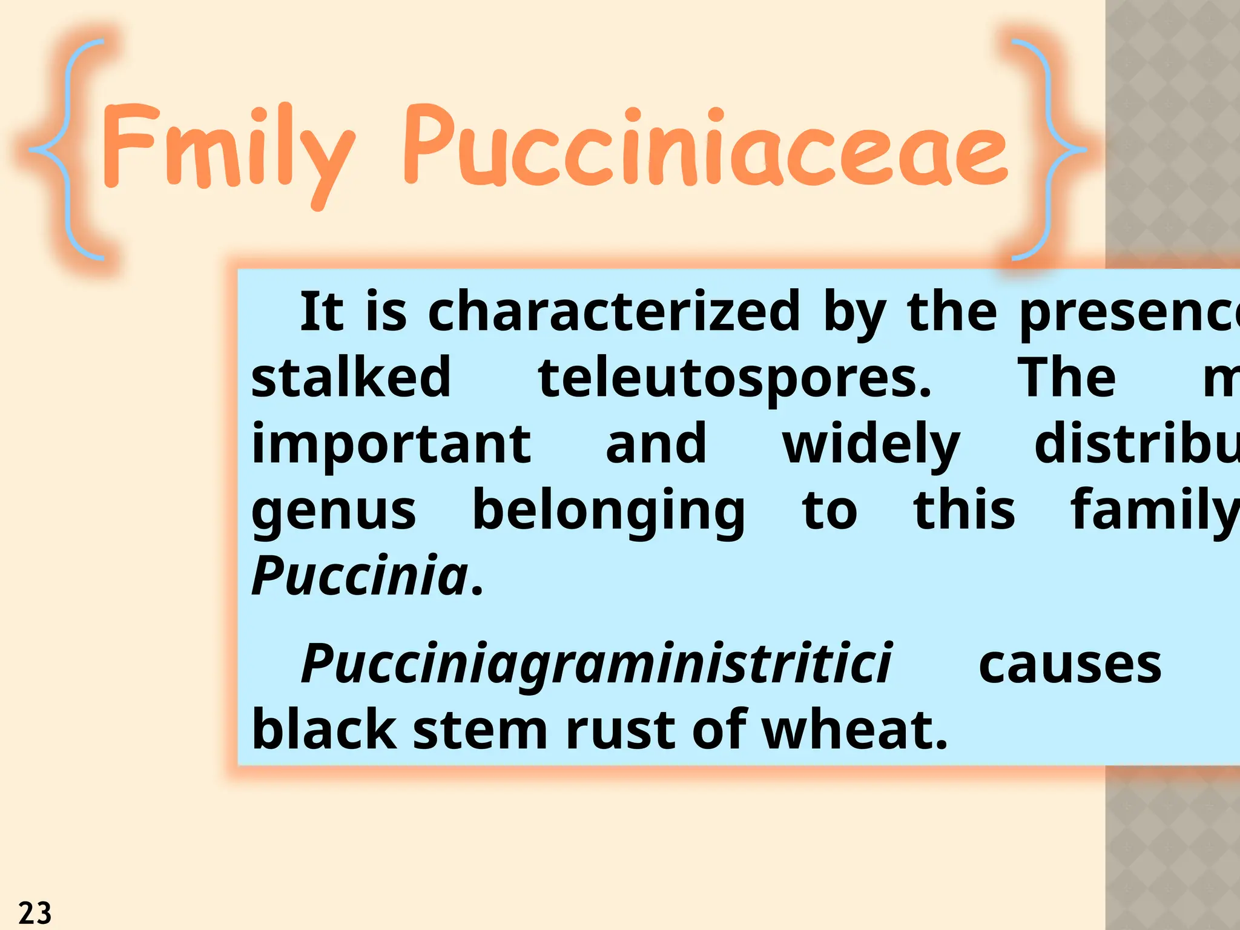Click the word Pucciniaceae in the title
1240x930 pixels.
[x=705, y=148]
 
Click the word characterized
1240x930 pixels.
[x=614, y=312]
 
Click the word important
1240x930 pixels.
[x=391, y=445]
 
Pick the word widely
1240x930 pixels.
[x=871, y=445]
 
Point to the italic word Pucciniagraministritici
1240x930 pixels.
[x=596, y=665]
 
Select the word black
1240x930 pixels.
[x=324, y=730]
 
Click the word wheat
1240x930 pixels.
[x=854, y=730]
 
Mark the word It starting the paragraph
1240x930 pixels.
[x=322, y=312]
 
